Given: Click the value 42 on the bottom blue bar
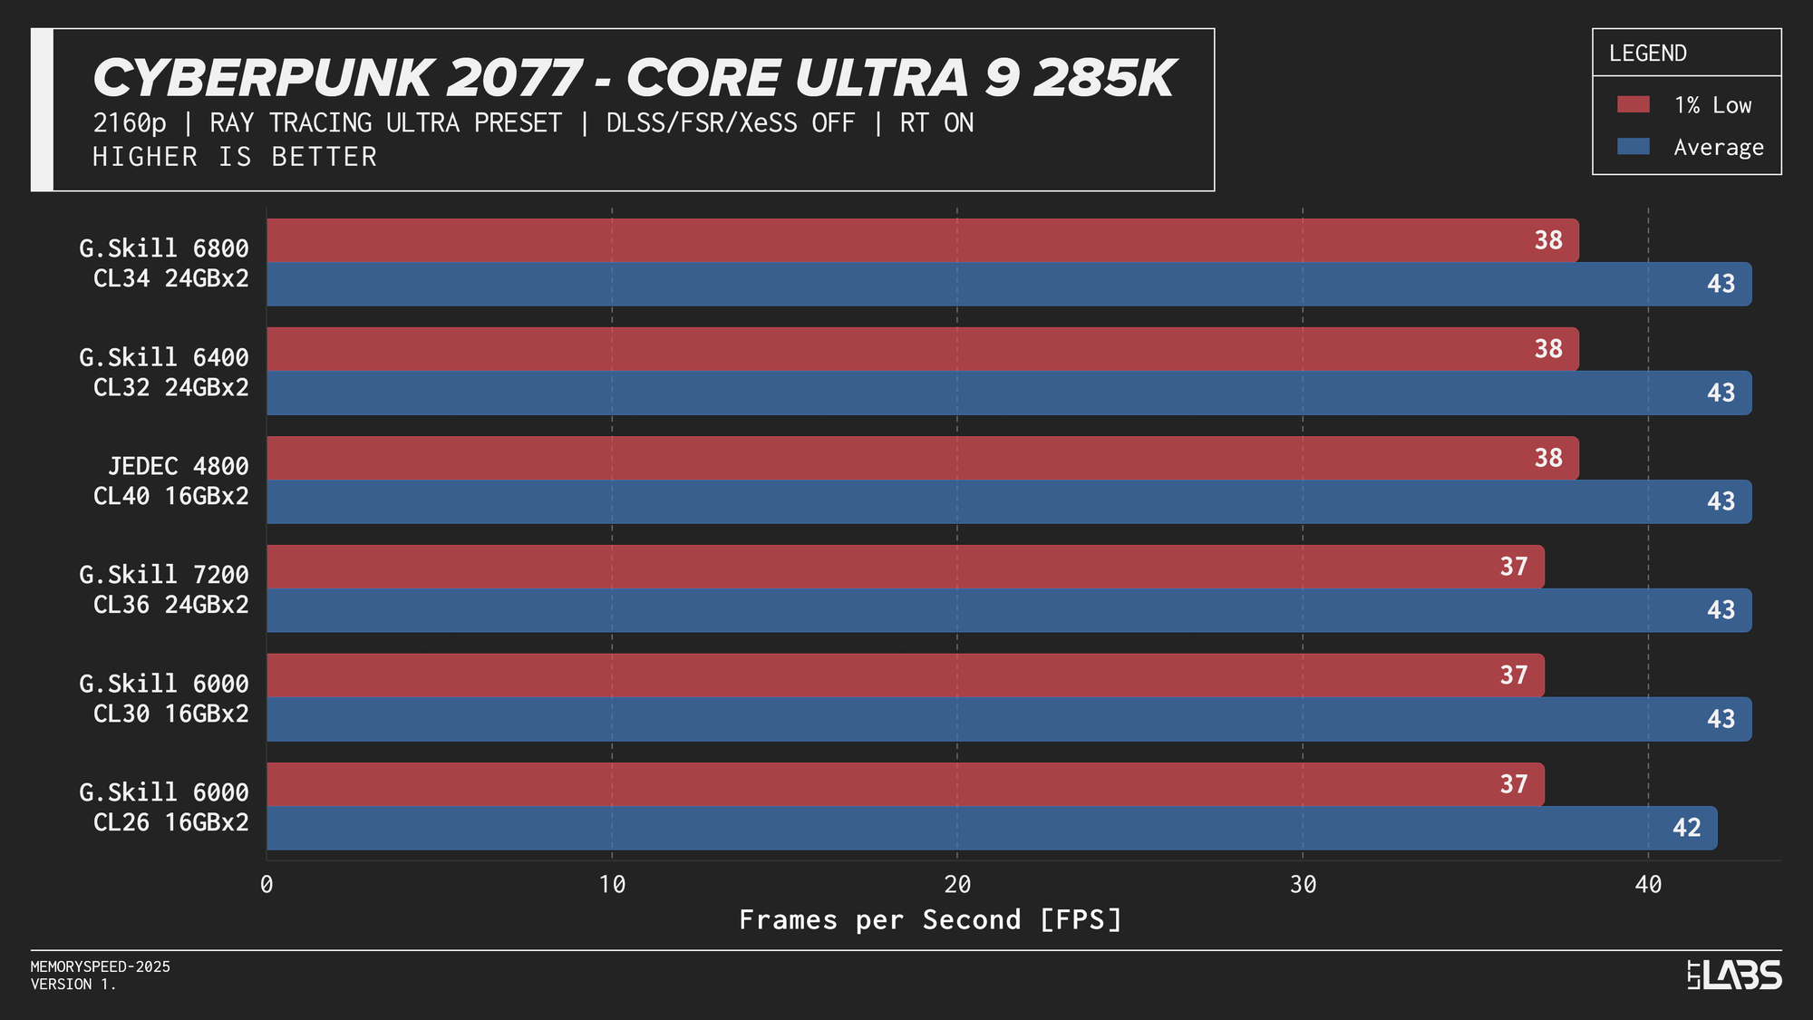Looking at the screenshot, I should [x=1686, y=828].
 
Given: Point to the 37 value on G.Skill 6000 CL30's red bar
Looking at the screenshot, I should [x=1514, y=675].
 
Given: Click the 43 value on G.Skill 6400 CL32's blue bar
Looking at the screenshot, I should [x=1721, y=393].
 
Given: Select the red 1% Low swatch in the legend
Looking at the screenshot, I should [x=1634, y=105].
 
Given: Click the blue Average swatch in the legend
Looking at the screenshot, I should [x=1634, y=147].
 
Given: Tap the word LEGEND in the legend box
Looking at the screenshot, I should [x=1648, y=53].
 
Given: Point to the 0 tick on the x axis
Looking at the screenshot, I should [x=267, y=885].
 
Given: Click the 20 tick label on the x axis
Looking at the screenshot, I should [x=957, y=885].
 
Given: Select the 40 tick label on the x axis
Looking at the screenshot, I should [x=1648, y=885].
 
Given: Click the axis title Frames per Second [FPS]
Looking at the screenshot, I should [x=931, y=920].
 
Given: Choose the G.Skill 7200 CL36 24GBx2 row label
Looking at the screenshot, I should [x=164, y=589].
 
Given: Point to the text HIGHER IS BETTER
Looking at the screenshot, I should [x=235, y=157].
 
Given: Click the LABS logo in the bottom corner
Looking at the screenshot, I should [x=1735, y=976].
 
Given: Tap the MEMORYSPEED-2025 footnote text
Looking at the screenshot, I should [x=101, y=967].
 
